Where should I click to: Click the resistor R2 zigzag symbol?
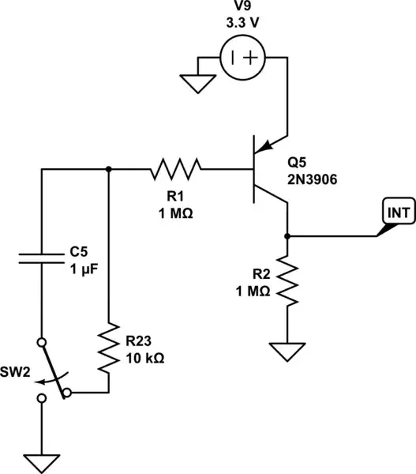[x=287, y=282]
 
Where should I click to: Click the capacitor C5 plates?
[x=41, y=257]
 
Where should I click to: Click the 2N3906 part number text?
[x=312, y=179]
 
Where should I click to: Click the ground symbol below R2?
[x=287, y=350]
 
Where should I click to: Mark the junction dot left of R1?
[x=108, y=168]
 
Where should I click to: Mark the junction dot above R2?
[x=287, y=235]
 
